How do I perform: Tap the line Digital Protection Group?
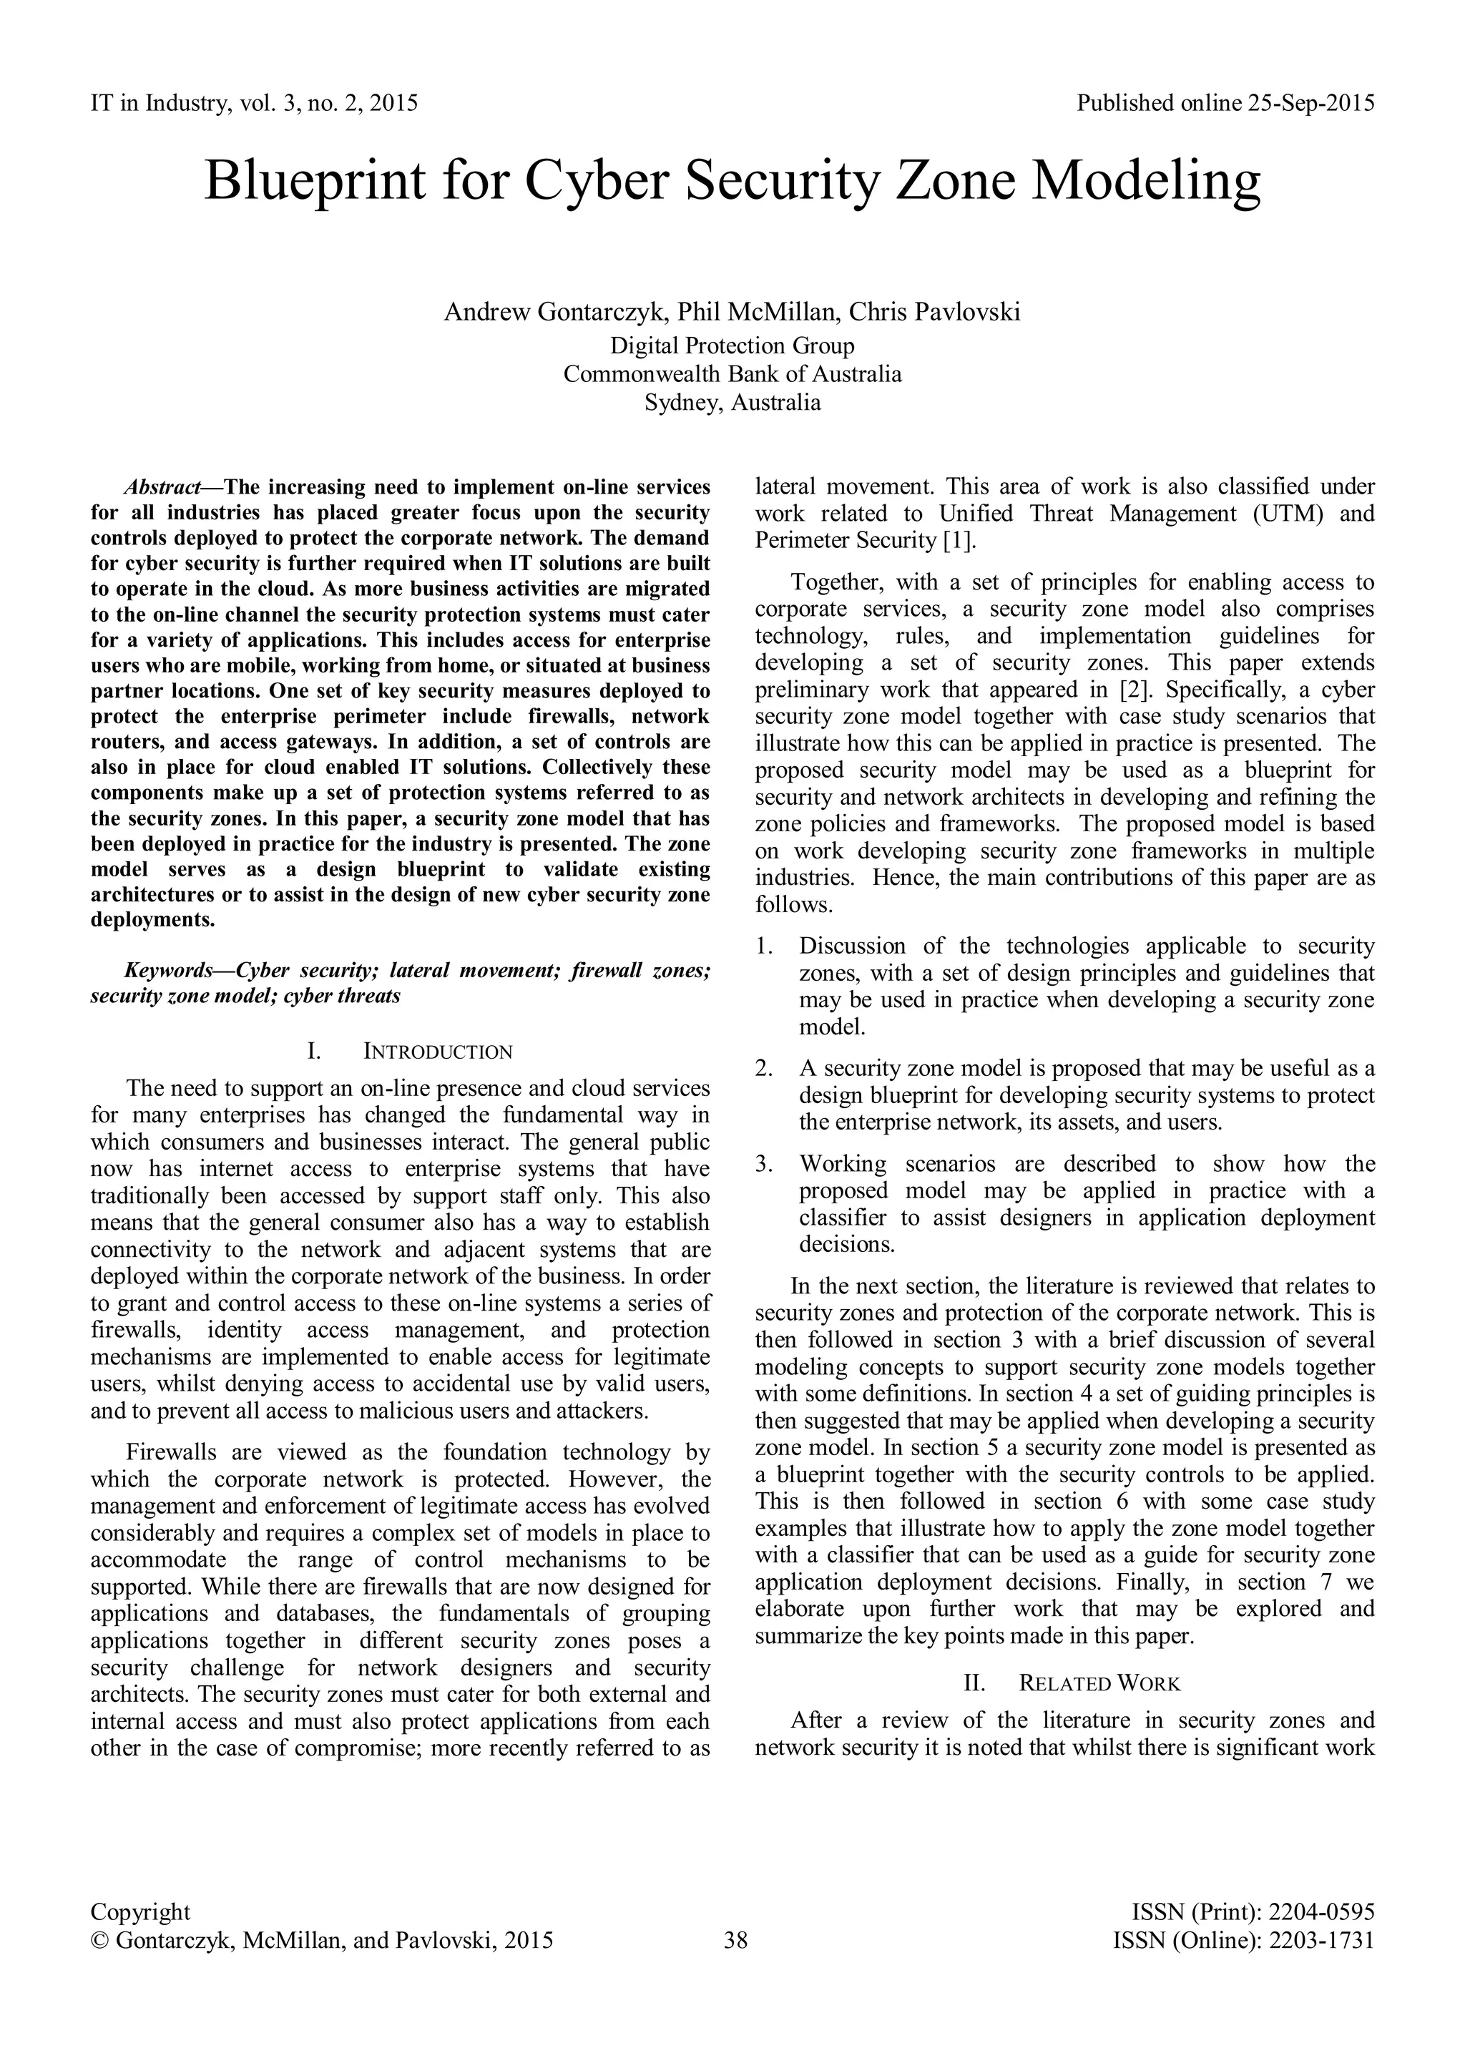[x=732, y=346]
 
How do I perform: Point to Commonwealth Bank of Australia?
[x=732, y=373]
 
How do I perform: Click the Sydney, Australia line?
[x=732, y=402]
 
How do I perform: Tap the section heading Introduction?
[x=438, y=1052]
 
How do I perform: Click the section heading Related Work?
[x=1099, y=1683]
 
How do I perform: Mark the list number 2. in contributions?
[x=764, y=1069]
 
